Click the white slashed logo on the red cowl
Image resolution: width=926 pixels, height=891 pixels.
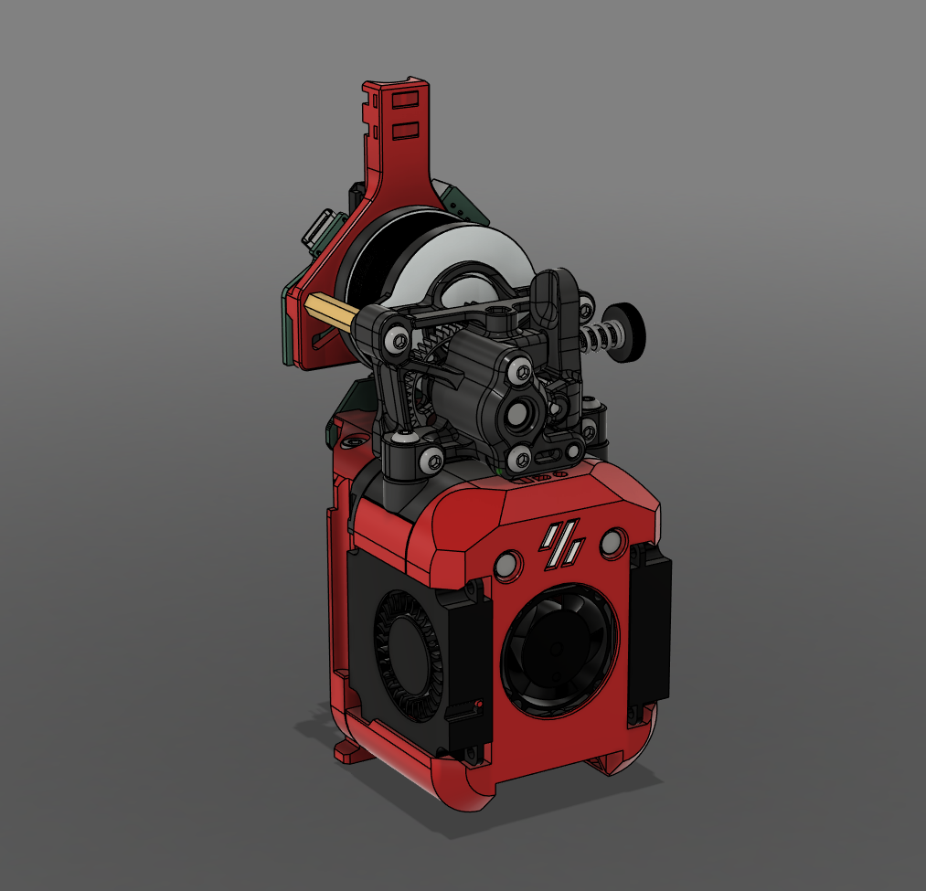(x=561, y=545)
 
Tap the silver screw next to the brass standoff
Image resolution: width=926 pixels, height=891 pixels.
(x=395, y=340)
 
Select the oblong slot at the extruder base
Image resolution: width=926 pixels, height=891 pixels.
(x=534, y=475)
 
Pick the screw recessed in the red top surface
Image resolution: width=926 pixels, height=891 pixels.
(x=351, y=444)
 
